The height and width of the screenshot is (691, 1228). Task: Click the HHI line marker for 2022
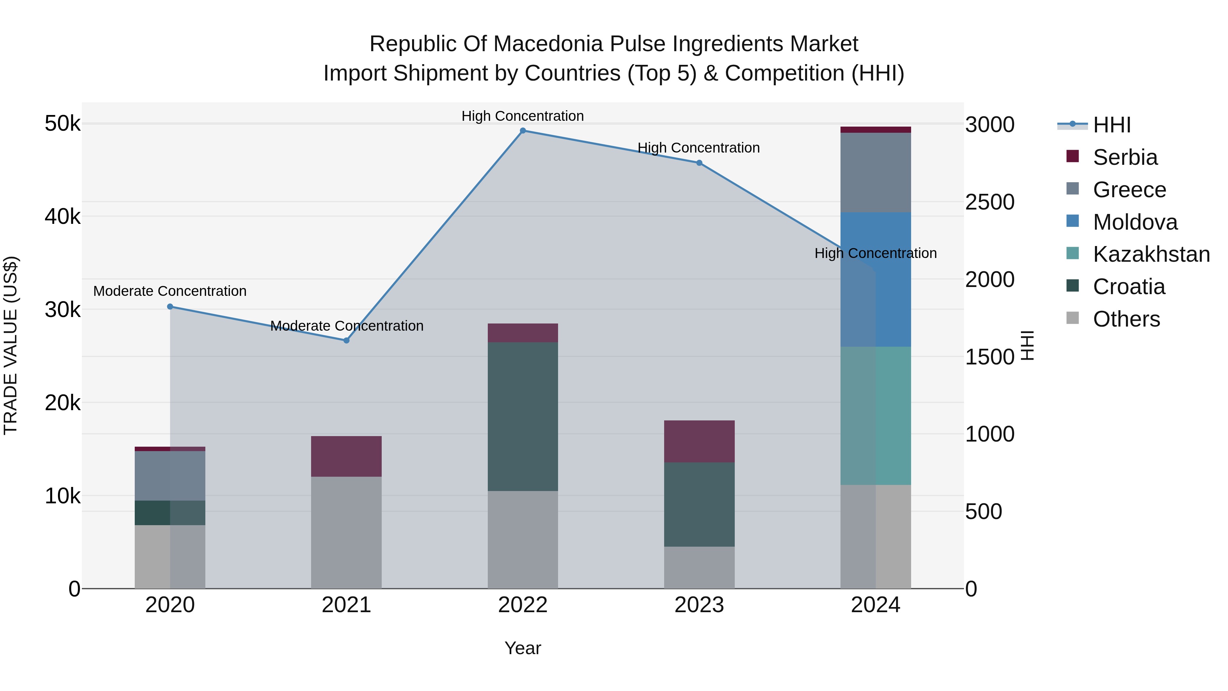523,131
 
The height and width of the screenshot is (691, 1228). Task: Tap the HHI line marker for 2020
170,307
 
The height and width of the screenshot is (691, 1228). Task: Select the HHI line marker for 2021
347,341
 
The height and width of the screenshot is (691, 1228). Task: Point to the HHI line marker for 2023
699,163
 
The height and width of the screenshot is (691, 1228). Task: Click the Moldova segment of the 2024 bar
876,279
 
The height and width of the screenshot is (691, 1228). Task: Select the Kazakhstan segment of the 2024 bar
876,416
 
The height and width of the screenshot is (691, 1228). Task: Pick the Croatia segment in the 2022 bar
523,416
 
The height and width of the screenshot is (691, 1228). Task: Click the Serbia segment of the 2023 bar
699,441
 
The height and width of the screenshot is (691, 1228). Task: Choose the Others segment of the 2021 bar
347,532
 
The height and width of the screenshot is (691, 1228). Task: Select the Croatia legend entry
1128,287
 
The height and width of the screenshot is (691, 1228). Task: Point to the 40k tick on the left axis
62,216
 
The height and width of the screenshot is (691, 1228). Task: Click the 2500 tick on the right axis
990,202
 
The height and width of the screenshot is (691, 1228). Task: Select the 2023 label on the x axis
699,605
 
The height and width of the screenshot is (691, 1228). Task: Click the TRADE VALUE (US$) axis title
11,345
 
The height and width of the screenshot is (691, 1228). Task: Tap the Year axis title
523,648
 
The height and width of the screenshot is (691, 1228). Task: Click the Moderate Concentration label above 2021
347,326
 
